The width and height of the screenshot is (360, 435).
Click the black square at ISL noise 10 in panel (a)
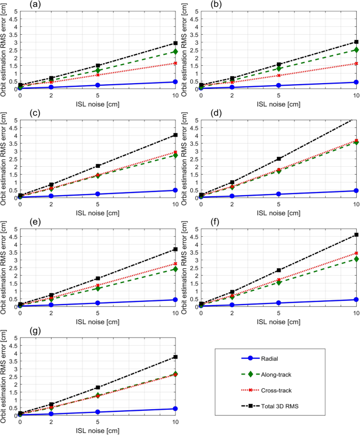pyautogui.click(x=176, y=43)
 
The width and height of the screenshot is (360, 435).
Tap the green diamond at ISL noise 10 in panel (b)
pyautogui.click(x=356, y=50)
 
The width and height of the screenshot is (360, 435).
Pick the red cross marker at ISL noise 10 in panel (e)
pyautogui.click(x=176, y=264)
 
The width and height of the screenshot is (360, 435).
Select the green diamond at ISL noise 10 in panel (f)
pyautogui.click(x=356, y=259)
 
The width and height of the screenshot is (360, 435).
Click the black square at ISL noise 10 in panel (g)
pyautogui.click(x=176, y=357)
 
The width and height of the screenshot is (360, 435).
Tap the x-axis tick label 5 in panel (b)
pyautogui.click(x=279, y=95)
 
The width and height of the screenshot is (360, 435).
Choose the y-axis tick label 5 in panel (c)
pyautogui.click(x=14, y=120)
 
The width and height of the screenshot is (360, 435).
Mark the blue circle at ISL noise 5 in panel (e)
pyautogui.click(x=98, y=303)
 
